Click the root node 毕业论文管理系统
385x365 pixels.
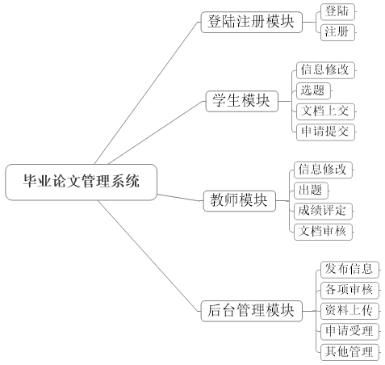click(x=81, y=182)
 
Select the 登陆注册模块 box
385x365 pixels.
click(x=252, y=22)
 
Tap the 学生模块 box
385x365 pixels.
click(x=241, y=101)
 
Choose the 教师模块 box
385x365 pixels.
click(x=240, y=201)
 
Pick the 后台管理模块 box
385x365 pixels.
click(x=252, y=311)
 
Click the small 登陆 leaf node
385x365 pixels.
click(x=337, y=12)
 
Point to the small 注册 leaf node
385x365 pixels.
click(x=337, y=32)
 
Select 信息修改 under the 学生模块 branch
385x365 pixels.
click(x=325, y=70)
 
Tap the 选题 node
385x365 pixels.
click(x=313, y=90)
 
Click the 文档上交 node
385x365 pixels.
click(x=325, y=111)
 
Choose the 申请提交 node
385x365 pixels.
click(x=325, y=132)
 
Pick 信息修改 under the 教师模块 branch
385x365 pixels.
click(x=323, y=170)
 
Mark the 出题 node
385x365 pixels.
click(x=311, y=191)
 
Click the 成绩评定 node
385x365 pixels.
click(x=323, y=211)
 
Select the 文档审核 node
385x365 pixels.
click(x=323, y=232)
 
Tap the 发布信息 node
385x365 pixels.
click(x=349, y=270)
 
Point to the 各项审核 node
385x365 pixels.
click(x=349, y=290)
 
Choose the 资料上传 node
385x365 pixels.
click(x=349, y=311)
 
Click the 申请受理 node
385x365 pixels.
click(x=349, y=331)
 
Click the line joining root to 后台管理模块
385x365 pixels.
click(x=149, y=256)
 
